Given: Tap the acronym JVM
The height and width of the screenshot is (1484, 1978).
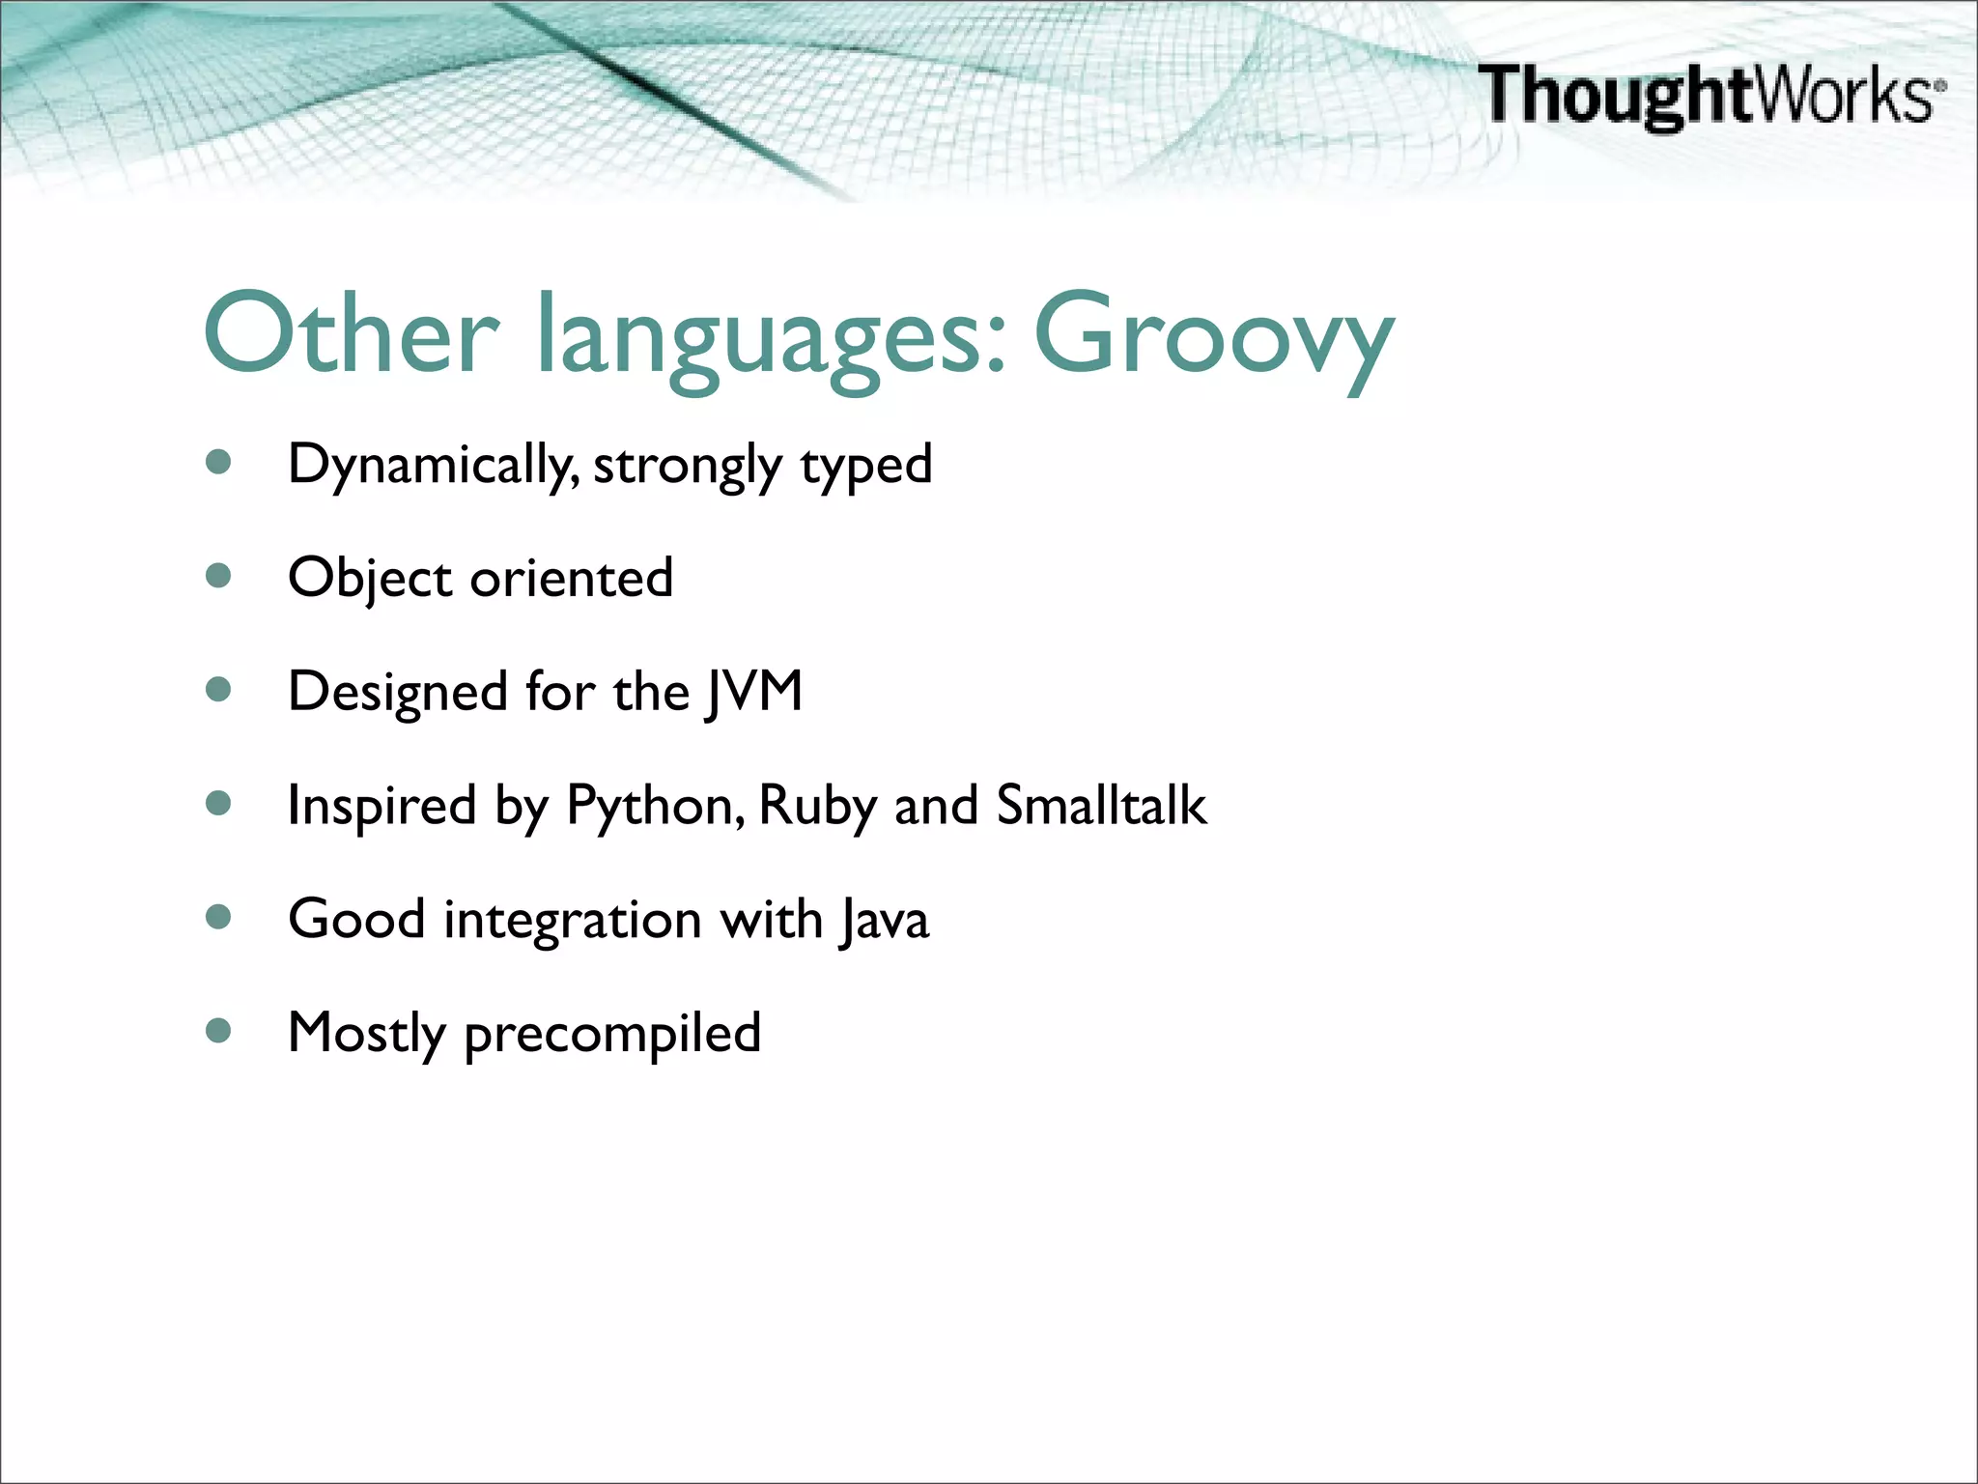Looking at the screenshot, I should [x=753, y=692].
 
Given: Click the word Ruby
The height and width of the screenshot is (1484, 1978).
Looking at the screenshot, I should [x=817, y=807].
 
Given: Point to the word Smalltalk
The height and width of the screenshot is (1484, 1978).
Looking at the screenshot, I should [x=1101, y=805].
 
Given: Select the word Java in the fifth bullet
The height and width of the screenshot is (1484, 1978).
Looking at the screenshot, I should [x=884, y=920].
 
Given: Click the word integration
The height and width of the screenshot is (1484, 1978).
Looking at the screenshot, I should [x=572, y=921].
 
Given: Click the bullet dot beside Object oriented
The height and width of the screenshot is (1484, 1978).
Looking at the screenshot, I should [x=219, y=577].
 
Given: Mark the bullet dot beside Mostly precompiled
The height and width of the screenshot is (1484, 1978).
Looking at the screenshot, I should [x=219, y=1031].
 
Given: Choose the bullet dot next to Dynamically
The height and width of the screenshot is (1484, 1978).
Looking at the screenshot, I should [x=219, y=463].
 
